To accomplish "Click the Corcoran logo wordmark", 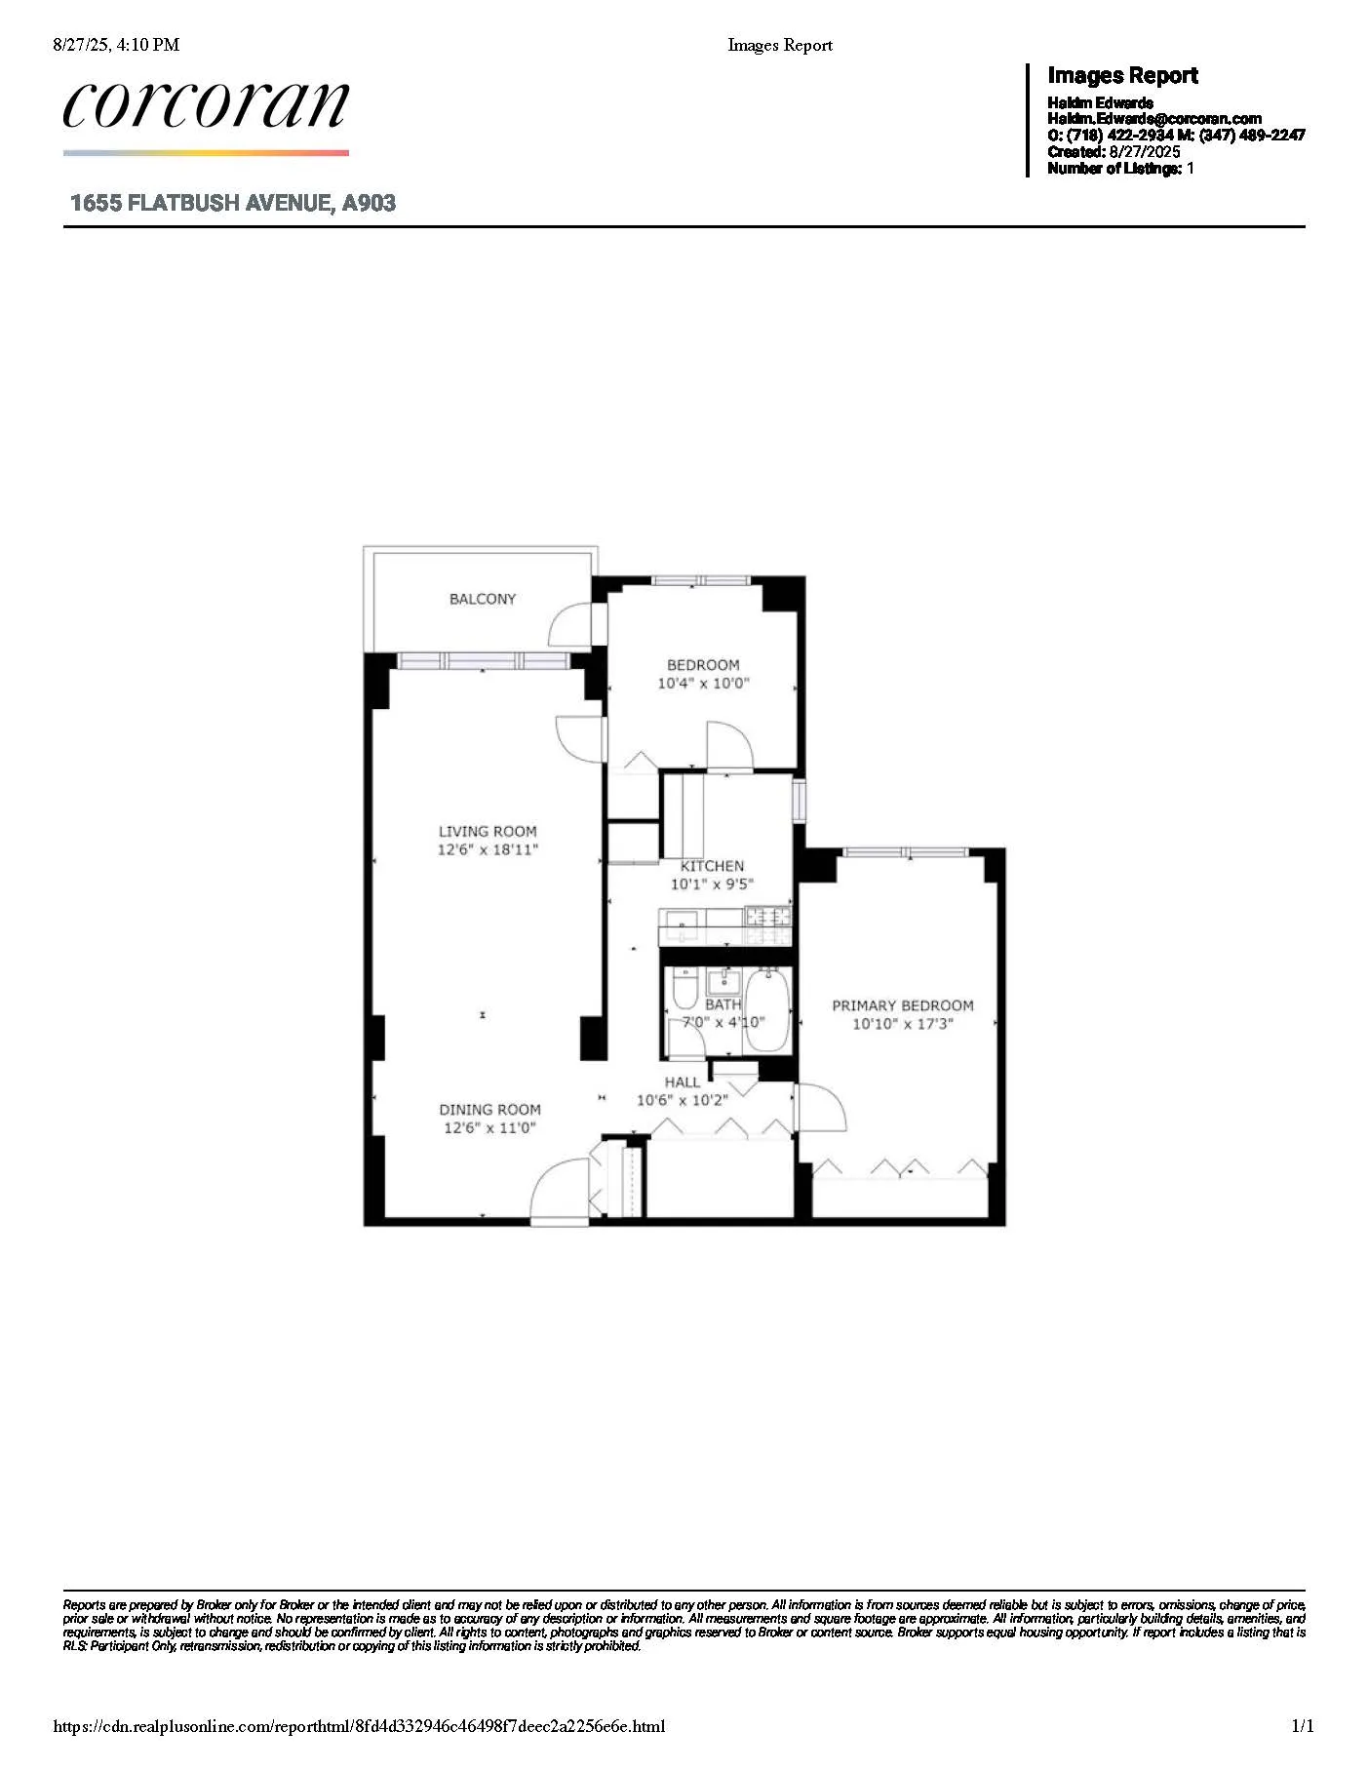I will coord(205,105).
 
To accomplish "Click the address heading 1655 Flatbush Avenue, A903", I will coord(233,203).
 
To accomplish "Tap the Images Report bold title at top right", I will coord(1121,75).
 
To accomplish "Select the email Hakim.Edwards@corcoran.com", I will coord(1153,119).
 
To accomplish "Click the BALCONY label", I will coord(482,599).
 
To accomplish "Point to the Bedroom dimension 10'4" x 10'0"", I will coord(703,684).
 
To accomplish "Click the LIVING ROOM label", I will coord(488,832).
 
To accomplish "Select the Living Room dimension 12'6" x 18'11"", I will coord(488,849).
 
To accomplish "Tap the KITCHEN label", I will coord(712,866).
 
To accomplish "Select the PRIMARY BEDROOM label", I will coord(902,1005).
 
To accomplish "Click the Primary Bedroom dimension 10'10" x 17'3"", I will coord(902,1024).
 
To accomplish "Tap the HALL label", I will coord(682,1082).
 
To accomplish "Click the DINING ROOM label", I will coord(489,1110).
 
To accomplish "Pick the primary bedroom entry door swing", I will coord(821,1107).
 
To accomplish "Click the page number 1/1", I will coord(1302,1726).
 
